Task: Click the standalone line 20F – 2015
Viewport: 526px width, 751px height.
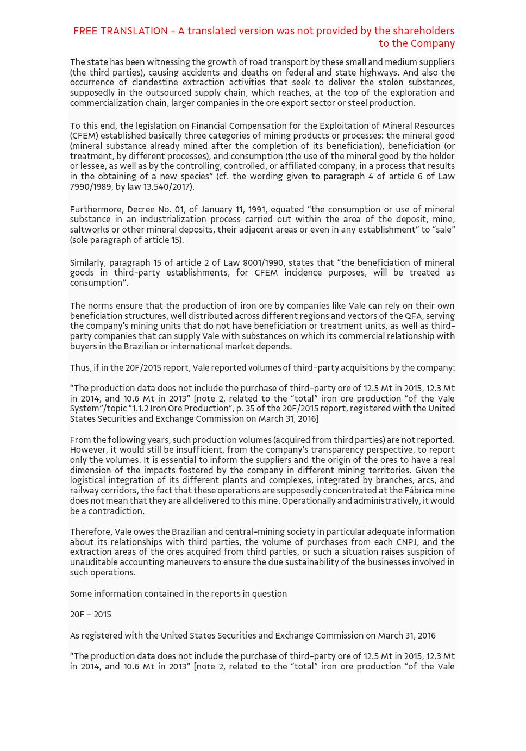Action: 90,615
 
